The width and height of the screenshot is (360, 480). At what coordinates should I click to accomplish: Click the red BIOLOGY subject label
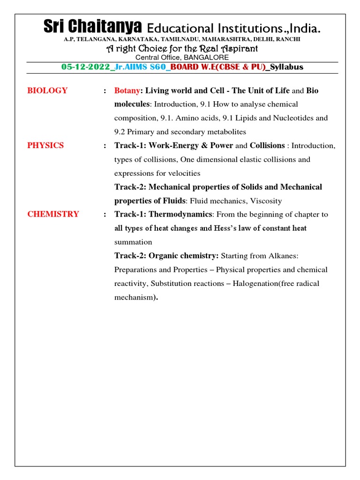(x=47, y=90)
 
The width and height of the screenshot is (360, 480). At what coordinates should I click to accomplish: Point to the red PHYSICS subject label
(x=45, y=145)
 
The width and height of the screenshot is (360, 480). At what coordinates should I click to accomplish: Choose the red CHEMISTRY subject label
(x=53, y=214)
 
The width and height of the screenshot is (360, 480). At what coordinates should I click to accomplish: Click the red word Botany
(x=127, y=90)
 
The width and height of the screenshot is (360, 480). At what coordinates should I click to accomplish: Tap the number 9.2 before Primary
(x=120, y=132)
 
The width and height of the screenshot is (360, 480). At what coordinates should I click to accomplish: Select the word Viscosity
(x=266, y=201)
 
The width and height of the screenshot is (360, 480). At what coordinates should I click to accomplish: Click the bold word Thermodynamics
(x=180, y=214)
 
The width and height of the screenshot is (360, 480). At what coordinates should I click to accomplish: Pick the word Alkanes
(x=282, y=256)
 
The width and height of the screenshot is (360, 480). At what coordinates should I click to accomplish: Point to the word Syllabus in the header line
(x=287, y=67)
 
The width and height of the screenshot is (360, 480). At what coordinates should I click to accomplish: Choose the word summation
(x=133, y=242)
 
